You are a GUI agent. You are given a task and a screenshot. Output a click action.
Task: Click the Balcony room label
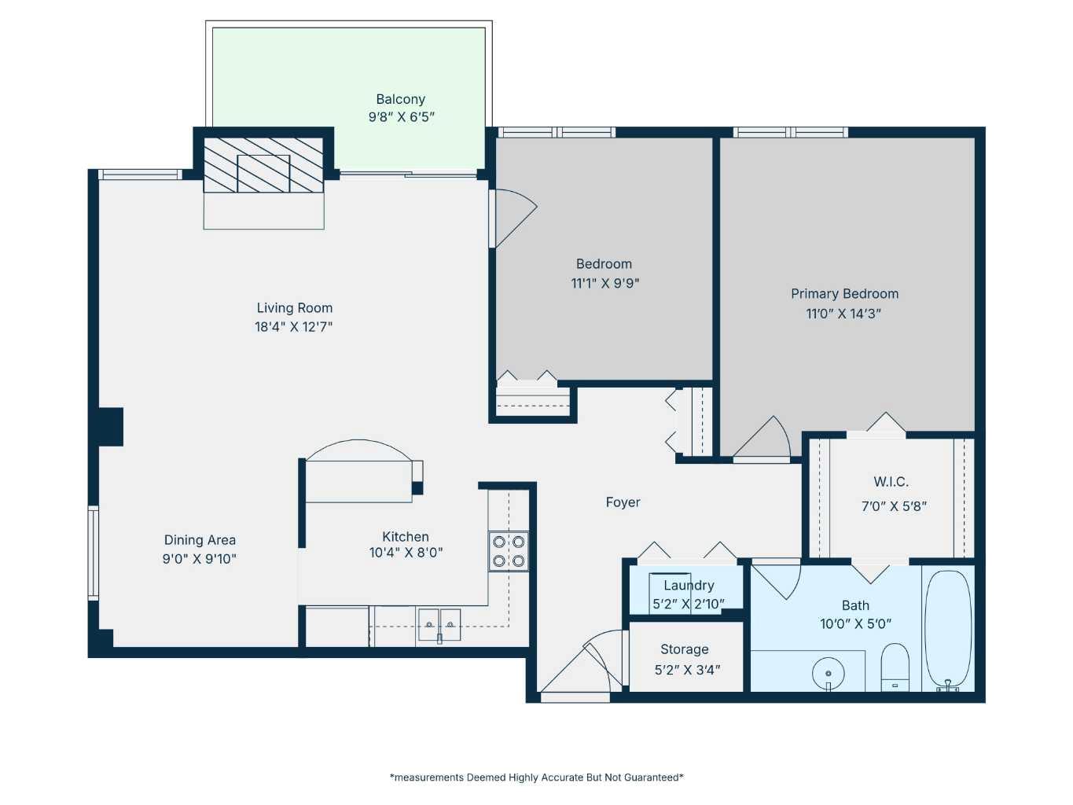tap(400, 99)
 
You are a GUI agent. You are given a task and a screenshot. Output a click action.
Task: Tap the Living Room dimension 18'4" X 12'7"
tap(293, 327)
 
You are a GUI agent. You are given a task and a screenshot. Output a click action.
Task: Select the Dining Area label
tap(200, 540)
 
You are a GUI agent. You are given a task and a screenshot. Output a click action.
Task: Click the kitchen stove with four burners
tap(509, 551)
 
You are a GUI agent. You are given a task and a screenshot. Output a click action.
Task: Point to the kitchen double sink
tap(439, 624)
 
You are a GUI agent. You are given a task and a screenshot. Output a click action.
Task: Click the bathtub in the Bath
tap(948, 629)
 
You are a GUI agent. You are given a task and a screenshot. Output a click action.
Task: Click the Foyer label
tap(623, 502)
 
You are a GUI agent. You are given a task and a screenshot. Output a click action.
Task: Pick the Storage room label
tap(684, 649)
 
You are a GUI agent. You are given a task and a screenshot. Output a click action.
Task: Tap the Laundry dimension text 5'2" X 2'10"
tap(689, 604)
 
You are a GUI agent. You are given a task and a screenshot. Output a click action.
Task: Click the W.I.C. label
tap(891, 482)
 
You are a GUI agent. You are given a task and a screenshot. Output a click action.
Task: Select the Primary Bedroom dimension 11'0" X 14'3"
tap(843, 314)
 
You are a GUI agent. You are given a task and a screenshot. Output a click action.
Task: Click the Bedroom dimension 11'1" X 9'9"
tap(604, 283)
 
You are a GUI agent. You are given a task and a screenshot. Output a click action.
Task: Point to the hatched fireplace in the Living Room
tap(263, 165)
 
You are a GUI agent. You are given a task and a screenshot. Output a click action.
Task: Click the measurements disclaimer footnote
tap(536, 777)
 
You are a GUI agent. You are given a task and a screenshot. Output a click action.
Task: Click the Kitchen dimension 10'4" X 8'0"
tap(406, 553)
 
